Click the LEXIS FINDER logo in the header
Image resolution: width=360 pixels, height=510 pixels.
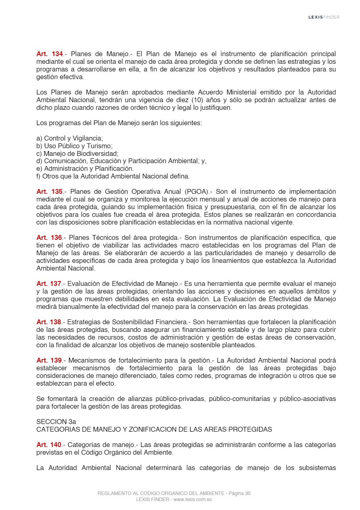[x=324, y=17]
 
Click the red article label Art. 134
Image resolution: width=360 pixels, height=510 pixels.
[x=50, y=54]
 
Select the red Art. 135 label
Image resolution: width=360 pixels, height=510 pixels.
[x=50, y=191]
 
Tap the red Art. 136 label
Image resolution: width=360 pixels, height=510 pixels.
[x=50, y=237]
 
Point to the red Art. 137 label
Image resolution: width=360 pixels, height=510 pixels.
[x=50, y=283]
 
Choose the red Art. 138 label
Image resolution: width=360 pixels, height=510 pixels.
[x=50, y=322]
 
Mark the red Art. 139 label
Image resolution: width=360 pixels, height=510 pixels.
[x=50, y=360]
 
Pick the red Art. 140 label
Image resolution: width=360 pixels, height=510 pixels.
[x=50, y=445]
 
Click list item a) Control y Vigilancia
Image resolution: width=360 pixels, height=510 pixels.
[x=70, y=138]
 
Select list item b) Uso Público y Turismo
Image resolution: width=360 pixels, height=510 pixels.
[x=74, y=146]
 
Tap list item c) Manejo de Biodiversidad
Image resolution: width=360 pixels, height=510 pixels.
[x=77, y=153]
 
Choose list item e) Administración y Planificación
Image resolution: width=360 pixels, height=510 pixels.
[x=85, y=168]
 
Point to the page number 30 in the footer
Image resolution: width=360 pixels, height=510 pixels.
[x=247, y=493]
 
